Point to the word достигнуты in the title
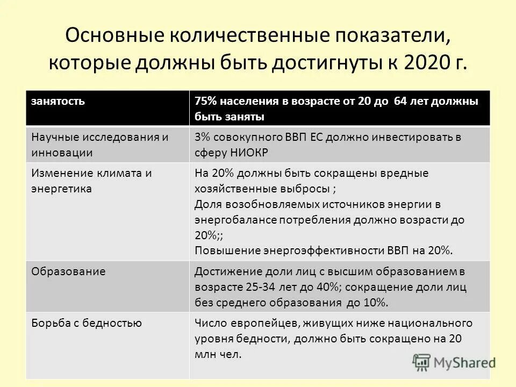click(320, 63)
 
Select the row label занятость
click(58, 102)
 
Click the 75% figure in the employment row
click(205, 102)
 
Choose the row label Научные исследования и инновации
click(99, 144)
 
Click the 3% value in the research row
click(202, 137)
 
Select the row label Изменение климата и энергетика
click(91, 181)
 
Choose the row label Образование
click(68, 271)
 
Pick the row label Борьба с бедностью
click(87, 323)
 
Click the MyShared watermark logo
click(454, 362)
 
